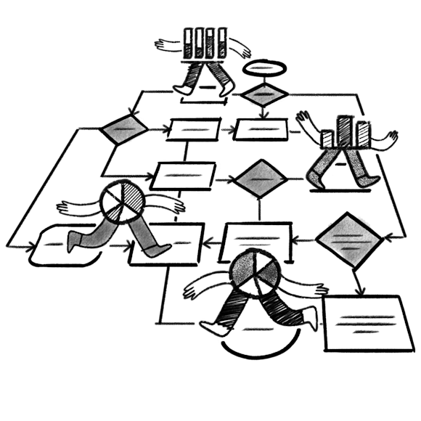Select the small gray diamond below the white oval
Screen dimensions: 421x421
pos(264,94)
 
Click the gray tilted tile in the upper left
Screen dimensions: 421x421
pos(124,129)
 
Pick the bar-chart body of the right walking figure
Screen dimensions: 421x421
pos(346,132)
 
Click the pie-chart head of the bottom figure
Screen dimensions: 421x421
pos(253,273)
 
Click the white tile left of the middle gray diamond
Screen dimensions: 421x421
pos(184,175)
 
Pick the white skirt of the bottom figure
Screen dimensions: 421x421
pos(254,327)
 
